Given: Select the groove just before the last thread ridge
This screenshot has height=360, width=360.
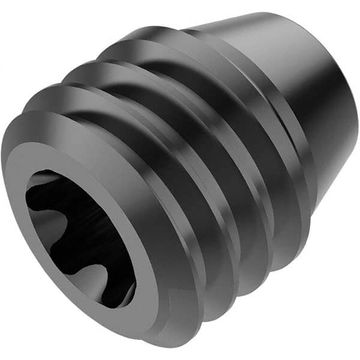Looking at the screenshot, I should [x=264, y=150].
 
